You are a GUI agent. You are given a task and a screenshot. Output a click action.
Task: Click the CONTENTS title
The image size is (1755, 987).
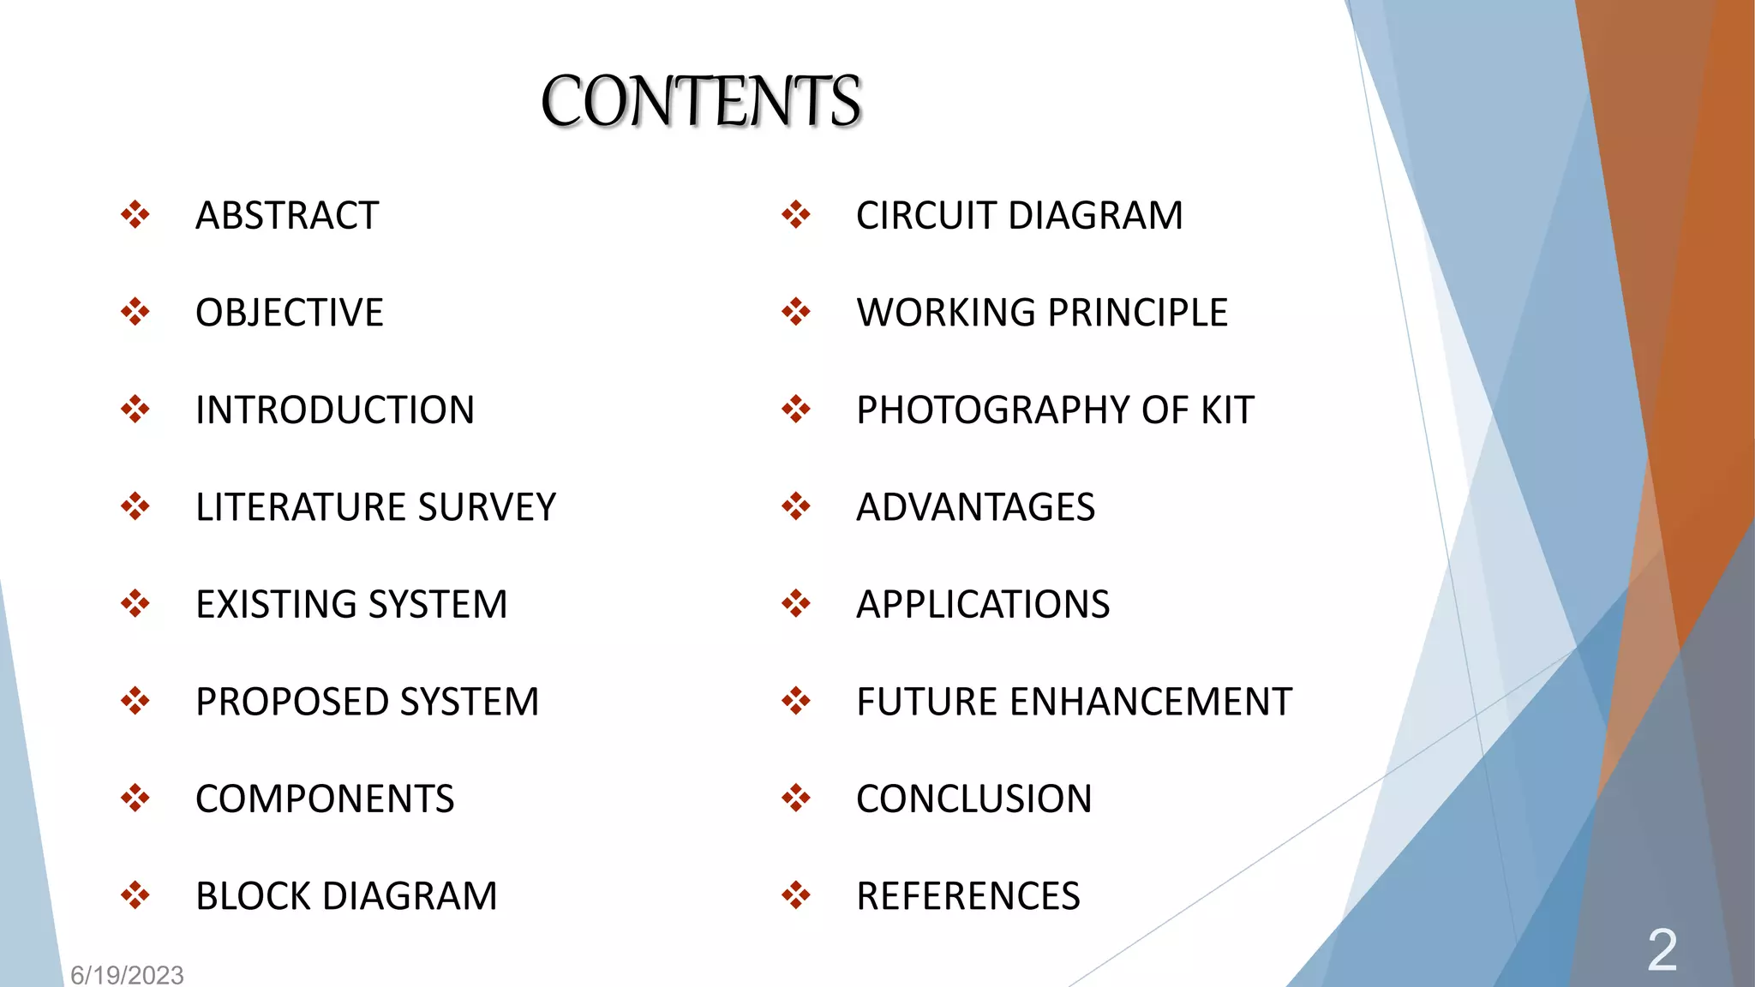(x=701, y=101)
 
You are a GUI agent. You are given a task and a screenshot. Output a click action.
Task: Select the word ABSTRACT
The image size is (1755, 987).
(x=287, y=215)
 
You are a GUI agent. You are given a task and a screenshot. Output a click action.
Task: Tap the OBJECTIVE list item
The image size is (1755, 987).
(x=289, y=313)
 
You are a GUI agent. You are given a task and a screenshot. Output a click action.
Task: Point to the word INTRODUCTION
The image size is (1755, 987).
(x=334, y=410)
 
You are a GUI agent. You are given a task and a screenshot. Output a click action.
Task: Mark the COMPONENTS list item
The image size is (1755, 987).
(x=325, y=799)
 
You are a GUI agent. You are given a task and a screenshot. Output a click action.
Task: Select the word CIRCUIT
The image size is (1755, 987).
(x=926, y=215)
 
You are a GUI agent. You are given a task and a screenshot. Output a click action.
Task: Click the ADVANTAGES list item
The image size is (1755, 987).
(x=975, y=507)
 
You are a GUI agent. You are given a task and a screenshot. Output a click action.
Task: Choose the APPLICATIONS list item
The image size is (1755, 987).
(x=983, y=605)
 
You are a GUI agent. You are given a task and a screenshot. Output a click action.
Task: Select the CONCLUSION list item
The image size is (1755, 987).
(x=973, y=799)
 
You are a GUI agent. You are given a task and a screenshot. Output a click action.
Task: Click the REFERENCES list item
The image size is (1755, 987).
(x=968, y=896)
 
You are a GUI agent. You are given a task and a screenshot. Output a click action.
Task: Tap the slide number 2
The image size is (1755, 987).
(x=1662, y=950)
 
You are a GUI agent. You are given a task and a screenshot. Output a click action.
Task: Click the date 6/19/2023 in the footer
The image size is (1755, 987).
(x=127, y=975)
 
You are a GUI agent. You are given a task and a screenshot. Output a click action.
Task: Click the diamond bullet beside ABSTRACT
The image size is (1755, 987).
(x=135, y=215)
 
